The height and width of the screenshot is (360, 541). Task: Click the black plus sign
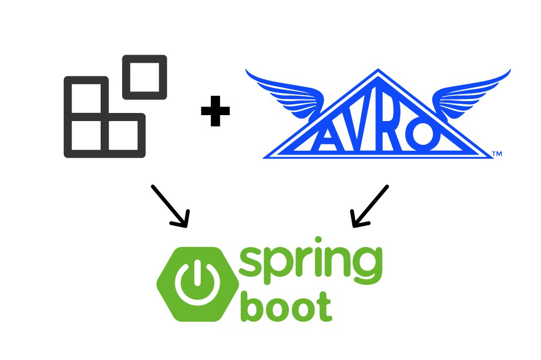click(215, 111)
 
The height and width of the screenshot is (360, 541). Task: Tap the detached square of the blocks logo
click(144, 58)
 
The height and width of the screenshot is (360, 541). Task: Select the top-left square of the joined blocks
click(86, 81)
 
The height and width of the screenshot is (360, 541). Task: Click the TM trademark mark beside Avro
click(497, 154)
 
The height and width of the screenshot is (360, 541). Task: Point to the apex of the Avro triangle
click(378, 69)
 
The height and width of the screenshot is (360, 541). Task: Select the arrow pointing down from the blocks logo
click(170, 206)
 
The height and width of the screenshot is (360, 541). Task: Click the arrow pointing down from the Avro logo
click(370, 206)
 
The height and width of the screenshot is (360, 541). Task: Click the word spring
click(311, 266)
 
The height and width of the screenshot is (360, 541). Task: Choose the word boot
click(286, 306)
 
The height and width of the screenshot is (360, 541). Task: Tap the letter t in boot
click(324, 307)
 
